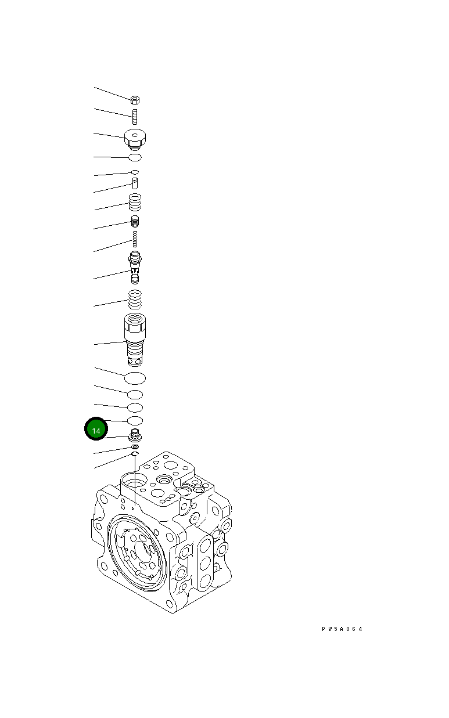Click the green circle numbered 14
[96, 430]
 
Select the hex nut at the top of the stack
[135, 100]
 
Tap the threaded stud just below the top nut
[135, 116]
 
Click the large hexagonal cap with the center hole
[135, 139]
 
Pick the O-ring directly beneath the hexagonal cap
[135, 157]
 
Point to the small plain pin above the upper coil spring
[135, 183]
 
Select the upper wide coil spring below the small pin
[135, 203]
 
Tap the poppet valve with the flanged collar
[135, 266]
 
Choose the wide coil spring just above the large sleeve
[135, 300]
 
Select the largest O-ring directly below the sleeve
[135, 378]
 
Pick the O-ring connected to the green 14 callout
[135, 420]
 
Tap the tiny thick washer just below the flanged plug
[135, 447]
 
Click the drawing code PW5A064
[342, 629]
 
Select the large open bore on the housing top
[135, 483]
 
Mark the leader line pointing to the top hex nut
[112, 93]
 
